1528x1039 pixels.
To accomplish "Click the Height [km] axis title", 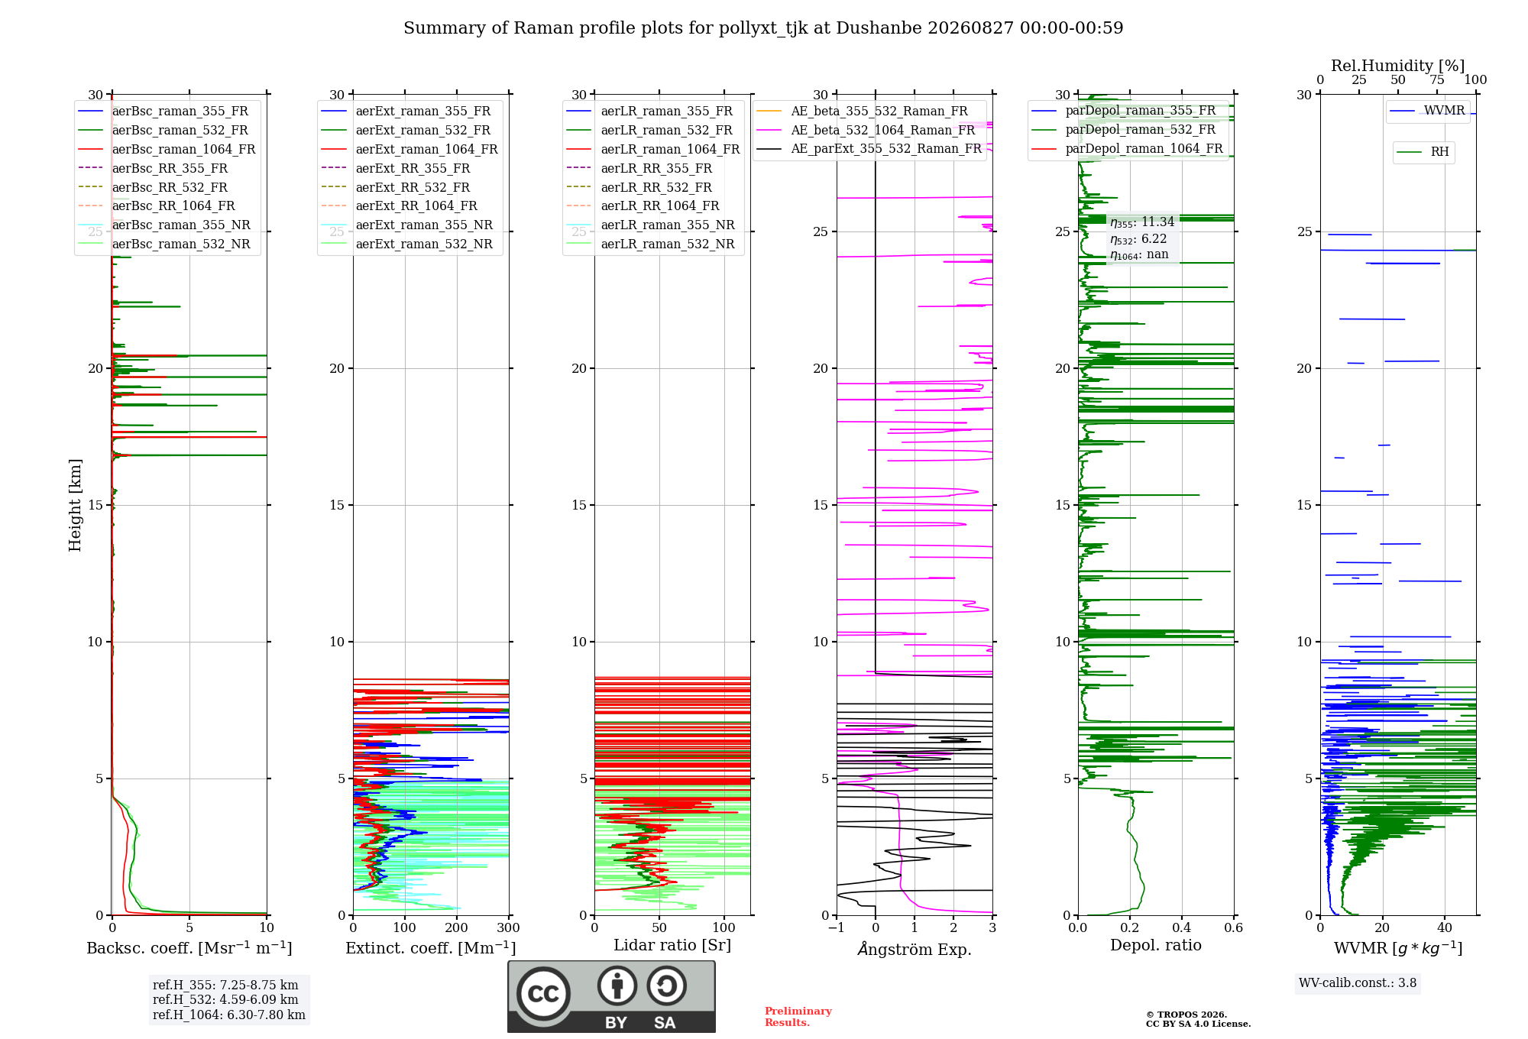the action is [75, 505].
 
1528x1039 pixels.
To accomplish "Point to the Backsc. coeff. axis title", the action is [189, 948].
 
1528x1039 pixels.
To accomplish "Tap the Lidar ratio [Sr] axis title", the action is [672, 946].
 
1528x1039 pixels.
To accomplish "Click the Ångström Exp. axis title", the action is [915, 949].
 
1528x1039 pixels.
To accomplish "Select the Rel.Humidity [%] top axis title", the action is [1398, 66].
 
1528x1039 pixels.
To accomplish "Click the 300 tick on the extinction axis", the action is [509, 928].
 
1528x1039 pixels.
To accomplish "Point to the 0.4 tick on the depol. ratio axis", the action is [1182, 928].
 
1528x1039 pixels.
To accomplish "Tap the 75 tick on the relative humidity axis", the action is [1437, 80].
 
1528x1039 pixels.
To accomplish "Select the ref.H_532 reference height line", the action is [225, 1000].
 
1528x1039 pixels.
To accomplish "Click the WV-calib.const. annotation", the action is [1358, 983].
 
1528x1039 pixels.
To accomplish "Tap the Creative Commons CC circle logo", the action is [543, 994].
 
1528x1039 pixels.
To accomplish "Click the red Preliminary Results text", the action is [798, 1017].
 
